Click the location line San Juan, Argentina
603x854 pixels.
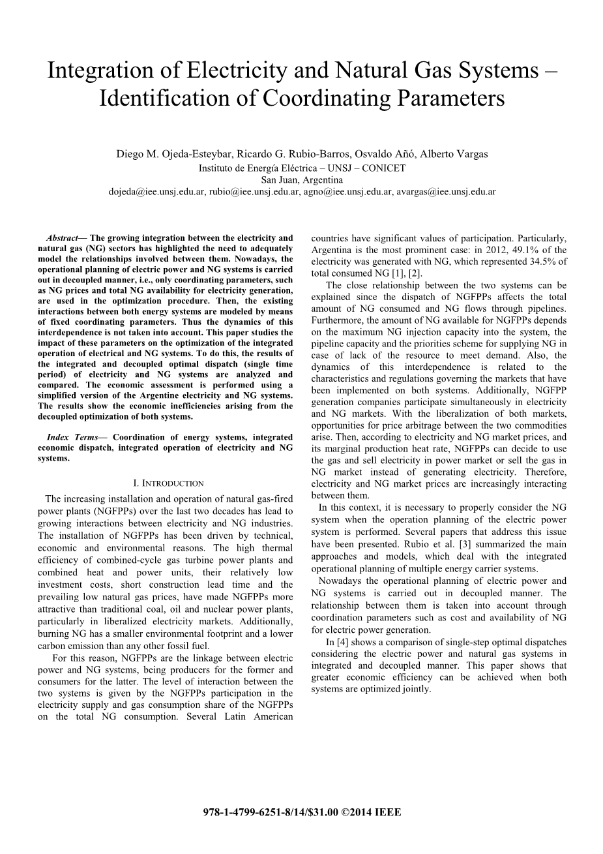pos(302,179)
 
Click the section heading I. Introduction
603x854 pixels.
pos(168,483)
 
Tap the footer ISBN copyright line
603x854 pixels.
pos(302,812)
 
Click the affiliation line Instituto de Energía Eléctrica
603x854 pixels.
pos(302,168)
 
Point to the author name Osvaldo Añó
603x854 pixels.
pos(387,155)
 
